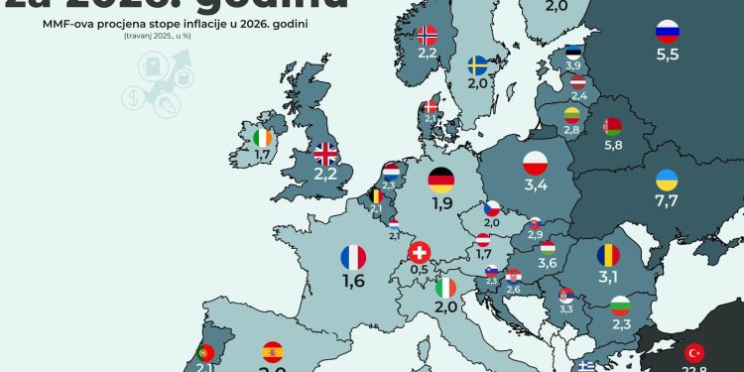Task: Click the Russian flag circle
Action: click(x=668, y=32)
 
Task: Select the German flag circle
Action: click(x=441, y=180)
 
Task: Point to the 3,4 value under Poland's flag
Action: click(x=536, y=185)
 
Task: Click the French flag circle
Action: click(x=353, y=258)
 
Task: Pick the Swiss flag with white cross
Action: click(x=422, y=252)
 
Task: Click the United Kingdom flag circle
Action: click(x=325, y=154)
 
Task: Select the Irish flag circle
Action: click(x=262, y=138)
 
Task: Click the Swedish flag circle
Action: click(x=478, y=65)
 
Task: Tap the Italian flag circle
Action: click(x=447, y=288)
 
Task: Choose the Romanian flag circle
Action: click(x=608, y=254)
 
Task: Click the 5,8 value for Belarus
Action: click(x=613, y=146)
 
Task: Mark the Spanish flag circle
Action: click(x=272, y=352)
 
